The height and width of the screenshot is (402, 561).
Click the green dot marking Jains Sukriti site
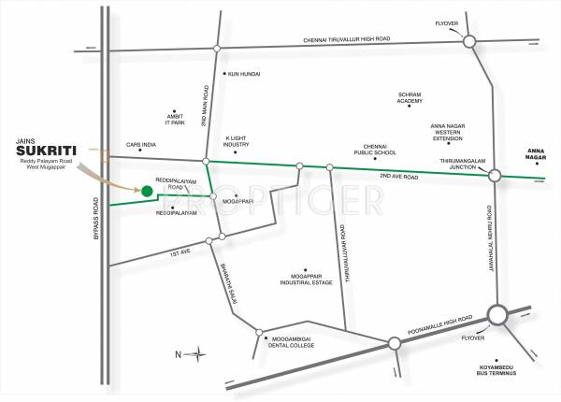click(x=147, y=192)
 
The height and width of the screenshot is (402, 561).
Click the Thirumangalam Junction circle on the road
click(x=495, y=175)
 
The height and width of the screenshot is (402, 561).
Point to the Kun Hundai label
click(x=242, y=74)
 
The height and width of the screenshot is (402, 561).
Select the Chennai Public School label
click(x=368, y=150)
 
